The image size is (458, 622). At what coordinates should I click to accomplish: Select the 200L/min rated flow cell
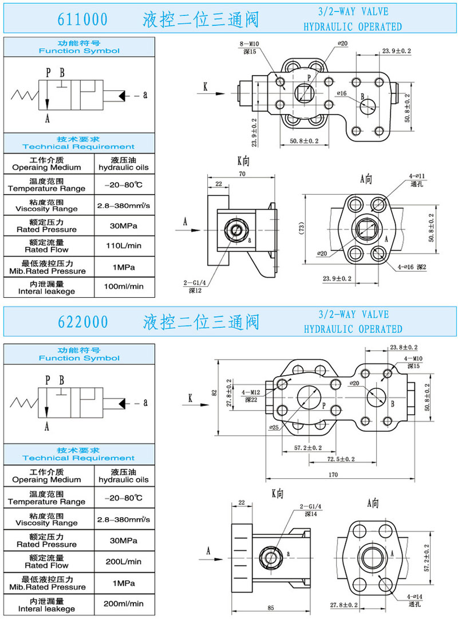(x=124, y=561)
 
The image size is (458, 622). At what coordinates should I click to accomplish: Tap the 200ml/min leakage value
(x=124, y=603)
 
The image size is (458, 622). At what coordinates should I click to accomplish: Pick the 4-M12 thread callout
(x=250, y=392)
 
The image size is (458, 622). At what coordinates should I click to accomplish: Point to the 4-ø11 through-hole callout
(x=418, y=176)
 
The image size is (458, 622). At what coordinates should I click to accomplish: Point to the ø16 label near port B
(x=342, y=93)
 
